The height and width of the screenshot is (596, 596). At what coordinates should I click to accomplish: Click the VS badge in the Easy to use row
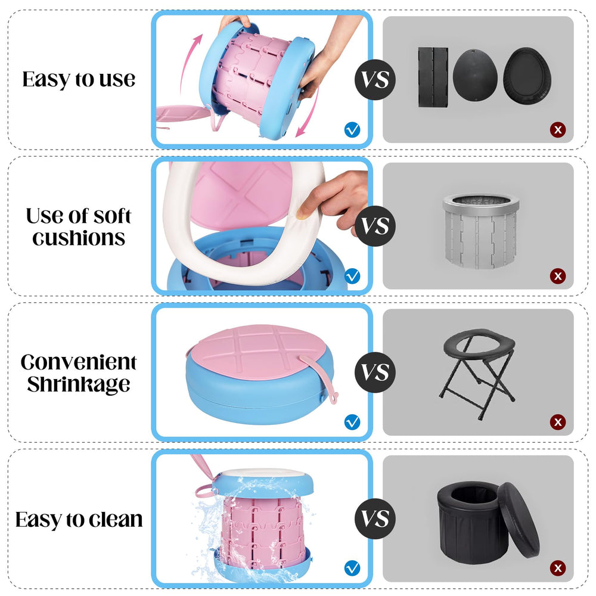pos(375,80)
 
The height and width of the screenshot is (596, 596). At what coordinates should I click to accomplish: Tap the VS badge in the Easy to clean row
pos(375,519)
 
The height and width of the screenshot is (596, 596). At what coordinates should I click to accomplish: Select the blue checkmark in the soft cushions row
pos(352,276)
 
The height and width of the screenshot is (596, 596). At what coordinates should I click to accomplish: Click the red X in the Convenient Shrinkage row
pos(558,422)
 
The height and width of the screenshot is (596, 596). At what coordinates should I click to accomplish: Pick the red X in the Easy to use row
pos(558,130)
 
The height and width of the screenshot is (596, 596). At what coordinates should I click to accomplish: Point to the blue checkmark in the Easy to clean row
pos(352,568)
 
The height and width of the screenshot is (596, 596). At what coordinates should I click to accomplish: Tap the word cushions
pos(79,238)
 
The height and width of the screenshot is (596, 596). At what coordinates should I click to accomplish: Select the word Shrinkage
pos(79,384)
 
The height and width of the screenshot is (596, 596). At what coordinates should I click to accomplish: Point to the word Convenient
pos(78,362)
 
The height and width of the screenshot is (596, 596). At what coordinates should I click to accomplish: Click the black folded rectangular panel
pos(433,77)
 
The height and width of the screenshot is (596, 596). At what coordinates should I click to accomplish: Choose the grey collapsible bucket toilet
pos(481,231)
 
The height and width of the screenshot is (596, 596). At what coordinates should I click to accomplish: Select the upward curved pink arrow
pos(188,64)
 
